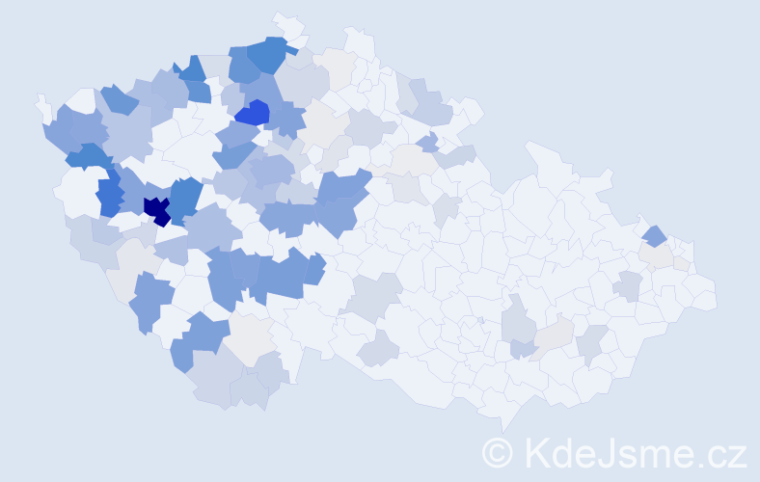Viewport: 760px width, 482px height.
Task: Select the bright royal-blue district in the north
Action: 253,113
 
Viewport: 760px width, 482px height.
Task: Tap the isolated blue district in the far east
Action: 655,234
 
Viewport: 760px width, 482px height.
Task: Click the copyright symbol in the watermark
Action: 498,451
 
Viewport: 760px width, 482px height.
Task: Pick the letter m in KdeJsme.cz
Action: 653,454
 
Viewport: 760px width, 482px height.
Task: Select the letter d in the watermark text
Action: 562,451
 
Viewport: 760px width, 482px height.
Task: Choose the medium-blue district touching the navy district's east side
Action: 186,197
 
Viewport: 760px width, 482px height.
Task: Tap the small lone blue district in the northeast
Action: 427,143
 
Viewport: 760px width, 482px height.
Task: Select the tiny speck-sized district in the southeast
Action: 480,321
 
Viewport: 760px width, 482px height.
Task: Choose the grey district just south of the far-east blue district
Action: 658,254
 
